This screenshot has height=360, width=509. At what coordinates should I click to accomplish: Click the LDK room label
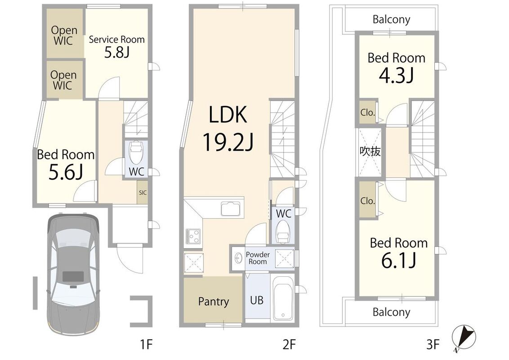click(x=228, y=114)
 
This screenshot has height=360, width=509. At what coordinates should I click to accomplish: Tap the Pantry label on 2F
click(x=213, y=301)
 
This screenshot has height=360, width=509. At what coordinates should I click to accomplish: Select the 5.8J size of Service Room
click(x=117, y=52)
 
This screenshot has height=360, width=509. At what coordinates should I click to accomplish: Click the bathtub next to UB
click(x=283, y=297)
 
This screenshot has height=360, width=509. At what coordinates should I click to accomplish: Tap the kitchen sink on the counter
click(x=231, y=209)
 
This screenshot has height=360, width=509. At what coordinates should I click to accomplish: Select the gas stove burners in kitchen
click(x=193, y=236)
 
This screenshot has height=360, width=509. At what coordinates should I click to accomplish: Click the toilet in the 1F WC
click(x=136, y=152)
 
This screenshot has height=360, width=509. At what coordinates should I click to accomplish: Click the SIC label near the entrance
click(x=143, y=193)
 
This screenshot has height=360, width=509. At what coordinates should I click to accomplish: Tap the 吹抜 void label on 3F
click(x=370, y=151)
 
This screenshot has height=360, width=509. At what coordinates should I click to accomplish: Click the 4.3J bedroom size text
click(x=396, y=76)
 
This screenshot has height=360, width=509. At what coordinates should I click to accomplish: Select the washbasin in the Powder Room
click(x=239, y=258)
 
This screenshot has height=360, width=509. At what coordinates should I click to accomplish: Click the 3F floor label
click(x=433, y=344)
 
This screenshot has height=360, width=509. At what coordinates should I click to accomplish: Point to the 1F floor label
click(x=147, y=344)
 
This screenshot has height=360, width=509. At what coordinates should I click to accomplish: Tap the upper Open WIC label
click(x=64, y=36)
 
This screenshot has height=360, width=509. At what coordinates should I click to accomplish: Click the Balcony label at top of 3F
click(x=391, y=19)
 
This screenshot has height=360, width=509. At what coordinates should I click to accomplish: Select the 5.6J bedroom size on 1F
click(x=66, y=172)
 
